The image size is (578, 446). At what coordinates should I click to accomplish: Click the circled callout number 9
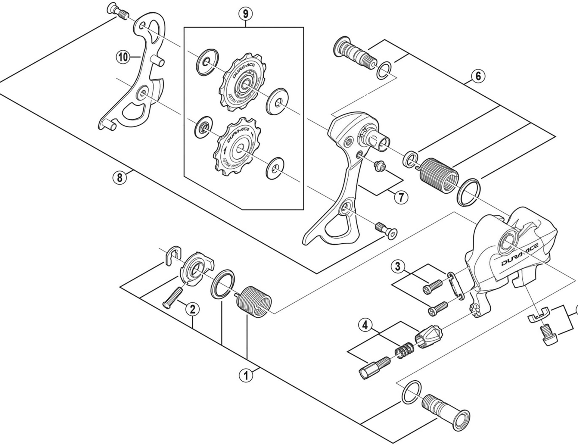click(245, 14)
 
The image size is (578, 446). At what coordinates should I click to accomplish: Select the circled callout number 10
click(123, 57)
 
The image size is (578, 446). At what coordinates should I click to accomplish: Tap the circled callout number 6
click(478, 76)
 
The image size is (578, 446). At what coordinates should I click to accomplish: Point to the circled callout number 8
click(120, 178)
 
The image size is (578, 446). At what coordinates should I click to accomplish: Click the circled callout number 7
click(401, 198)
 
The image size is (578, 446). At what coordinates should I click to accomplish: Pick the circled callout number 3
click(398, 267)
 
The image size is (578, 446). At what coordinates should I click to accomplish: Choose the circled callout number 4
click(365, 325)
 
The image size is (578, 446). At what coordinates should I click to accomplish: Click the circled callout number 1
click(246, 376)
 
